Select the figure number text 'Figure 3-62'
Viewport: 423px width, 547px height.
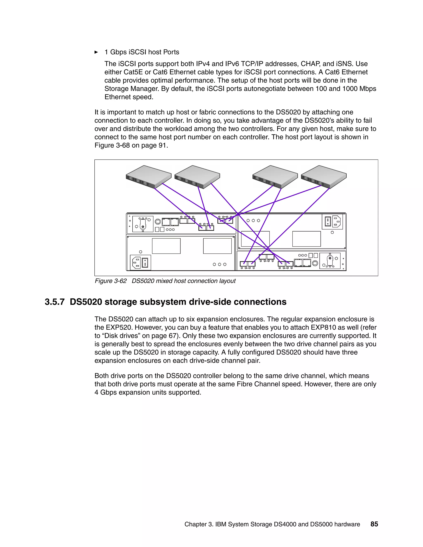point(111,281)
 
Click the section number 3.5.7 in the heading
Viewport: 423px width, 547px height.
point(55,302)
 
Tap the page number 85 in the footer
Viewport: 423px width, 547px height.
point(374,524)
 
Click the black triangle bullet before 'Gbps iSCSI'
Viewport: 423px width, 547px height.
point(96,52)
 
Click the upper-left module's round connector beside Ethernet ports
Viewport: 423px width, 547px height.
point(158,222)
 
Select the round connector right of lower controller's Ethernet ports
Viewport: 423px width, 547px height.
point(315,263)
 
